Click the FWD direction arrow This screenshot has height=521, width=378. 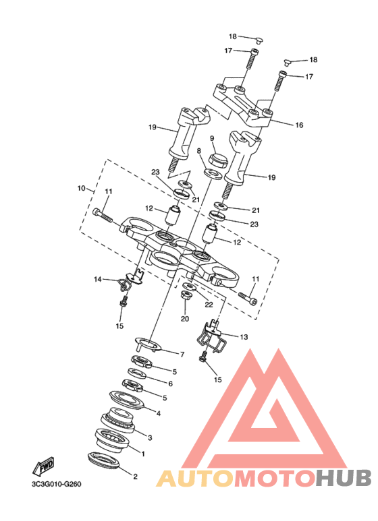[43, 466]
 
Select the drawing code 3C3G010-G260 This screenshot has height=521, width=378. [56, 484]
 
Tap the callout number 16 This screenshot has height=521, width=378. [299, 125]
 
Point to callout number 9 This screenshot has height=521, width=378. [212, 138]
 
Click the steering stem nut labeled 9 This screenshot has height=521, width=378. [218, 160]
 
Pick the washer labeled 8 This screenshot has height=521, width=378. [213, 174]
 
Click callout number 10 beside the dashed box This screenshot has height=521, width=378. [82, 189]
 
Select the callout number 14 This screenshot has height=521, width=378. [97, 280]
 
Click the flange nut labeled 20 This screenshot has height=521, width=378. [185, 295]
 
